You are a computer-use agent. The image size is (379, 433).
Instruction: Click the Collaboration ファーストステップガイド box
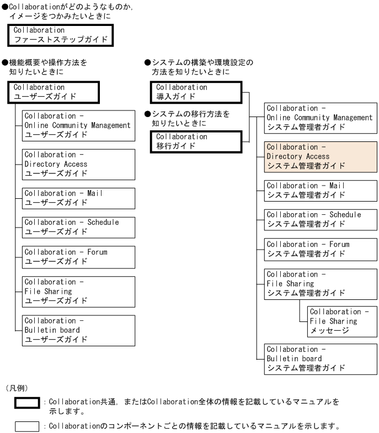tap(61, 35)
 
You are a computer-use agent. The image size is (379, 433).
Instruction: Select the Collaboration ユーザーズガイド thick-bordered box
tap(54, 92)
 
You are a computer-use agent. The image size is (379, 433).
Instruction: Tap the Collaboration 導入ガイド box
tap(196, 92)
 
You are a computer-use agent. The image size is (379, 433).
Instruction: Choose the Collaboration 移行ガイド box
tap(196, 141)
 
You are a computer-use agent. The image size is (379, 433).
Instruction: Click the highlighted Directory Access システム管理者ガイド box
tap(321, 157)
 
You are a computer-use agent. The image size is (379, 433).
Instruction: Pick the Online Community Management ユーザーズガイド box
tap(78, 126)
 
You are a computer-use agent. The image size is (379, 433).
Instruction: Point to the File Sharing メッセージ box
tap(342, 321)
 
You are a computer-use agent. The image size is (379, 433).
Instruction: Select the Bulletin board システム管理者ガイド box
tap(321, 359)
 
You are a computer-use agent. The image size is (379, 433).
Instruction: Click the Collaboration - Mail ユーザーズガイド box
tap(78, 198)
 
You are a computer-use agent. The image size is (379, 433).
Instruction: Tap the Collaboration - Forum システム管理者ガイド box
tap(321, 250)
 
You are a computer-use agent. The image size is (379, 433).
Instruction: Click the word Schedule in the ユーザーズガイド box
tap(103, 222)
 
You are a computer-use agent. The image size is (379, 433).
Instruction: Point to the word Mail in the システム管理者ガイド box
tap(337, 186)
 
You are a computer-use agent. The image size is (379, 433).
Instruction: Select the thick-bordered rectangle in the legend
tap(27, 403)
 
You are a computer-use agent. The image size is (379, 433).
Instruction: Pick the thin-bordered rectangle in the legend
tap(27, 426)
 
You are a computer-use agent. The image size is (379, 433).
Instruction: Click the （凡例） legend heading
tap(17, 388)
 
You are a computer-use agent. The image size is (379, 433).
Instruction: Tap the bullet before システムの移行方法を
tap(148, 114)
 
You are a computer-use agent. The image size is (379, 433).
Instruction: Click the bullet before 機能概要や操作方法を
tap(5, 62)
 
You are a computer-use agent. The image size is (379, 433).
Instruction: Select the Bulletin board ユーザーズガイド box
tap(78, 330)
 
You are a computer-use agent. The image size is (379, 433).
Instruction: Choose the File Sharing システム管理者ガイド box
tap(321, 284)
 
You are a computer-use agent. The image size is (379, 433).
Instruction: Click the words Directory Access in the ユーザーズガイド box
tap(56, 164)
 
